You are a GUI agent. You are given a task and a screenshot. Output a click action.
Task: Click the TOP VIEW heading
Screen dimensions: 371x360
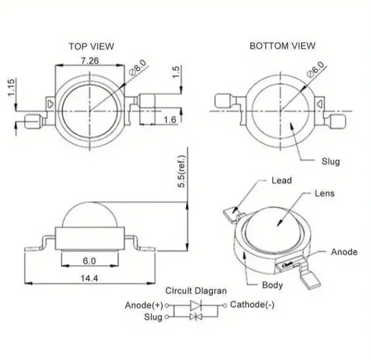(x=91, y=47)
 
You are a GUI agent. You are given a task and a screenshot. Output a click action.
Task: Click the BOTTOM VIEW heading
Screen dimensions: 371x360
(x=283, y=46)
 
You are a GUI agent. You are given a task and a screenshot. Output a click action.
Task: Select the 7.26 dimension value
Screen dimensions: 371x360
(x=90, y=61)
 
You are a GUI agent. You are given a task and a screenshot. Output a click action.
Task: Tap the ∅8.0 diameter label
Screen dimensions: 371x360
(x=138, y=68)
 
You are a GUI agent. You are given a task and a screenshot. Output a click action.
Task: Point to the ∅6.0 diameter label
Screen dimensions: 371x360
(x=316, y=69)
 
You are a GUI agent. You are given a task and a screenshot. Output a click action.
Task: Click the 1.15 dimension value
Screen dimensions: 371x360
(x=11, y=87)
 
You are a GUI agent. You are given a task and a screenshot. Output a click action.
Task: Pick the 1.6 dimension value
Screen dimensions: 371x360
(x=170, y=120)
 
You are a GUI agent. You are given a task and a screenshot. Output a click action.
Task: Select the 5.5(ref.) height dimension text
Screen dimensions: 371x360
(x=182, y=171)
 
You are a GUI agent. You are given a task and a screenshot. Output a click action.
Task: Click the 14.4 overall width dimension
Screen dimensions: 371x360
(x=89, y=278)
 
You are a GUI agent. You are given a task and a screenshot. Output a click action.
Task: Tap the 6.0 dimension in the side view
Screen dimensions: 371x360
(x=89, y=261)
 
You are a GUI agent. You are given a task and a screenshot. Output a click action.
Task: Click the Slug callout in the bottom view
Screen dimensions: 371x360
(x=331, y=161)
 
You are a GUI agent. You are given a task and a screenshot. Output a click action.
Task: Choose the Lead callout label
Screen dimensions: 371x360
(x=281, y=181)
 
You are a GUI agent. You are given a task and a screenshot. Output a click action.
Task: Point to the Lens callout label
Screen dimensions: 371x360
(x=324, y=193)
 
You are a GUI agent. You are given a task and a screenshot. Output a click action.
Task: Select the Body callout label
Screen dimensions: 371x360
(x=272, y=285)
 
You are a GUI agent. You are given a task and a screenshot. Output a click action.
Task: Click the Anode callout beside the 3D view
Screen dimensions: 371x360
(x=344, y=252)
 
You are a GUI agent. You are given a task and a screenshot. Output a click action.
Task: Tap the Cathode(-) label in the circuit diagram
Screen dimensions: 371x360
(x=252, y=305)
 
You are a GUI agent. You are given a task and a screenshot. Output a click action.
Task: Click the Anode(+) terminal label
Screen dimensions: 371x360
(x=144, y=305)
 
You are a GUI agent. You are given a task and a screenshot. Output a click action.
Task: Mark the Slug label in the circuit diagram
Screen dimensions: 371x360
(x=153, y=317)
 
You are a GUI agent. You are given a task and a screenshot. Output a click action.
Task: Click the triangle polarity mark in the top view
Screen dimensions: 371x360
(x=50, y=104)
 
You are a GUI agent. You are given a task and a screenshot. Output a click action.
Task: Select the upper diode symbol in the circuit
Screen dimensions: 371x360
(x=196, y=305)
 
